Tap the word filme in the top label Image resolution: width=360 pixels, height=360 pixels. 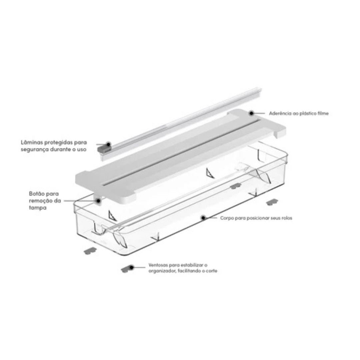coord(323,114)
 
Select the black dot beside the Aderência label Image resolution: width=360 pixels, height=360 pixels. coord(251,113)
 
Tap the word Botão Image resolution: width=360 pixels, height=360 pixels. coord(36,194)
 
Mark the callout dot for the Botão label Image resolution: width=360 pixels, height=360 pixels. coord(98,201)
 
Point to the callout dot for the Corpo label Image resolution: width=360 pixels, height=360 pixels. coord(202,218)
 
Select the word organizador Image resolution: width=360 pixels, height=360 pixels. coord(161,271)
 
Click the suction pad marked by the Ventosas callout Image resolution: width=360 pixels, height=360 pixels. coord(126,268)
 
